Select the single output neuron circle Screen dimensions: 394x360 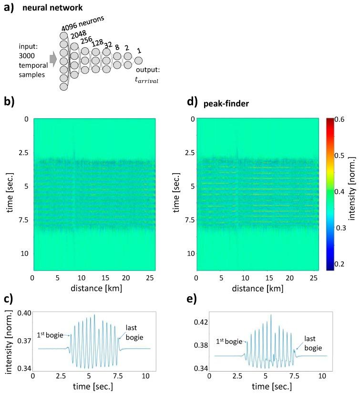[x=138, y=61]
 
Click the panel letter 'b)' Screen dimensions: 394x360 [x=9, y=102]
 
